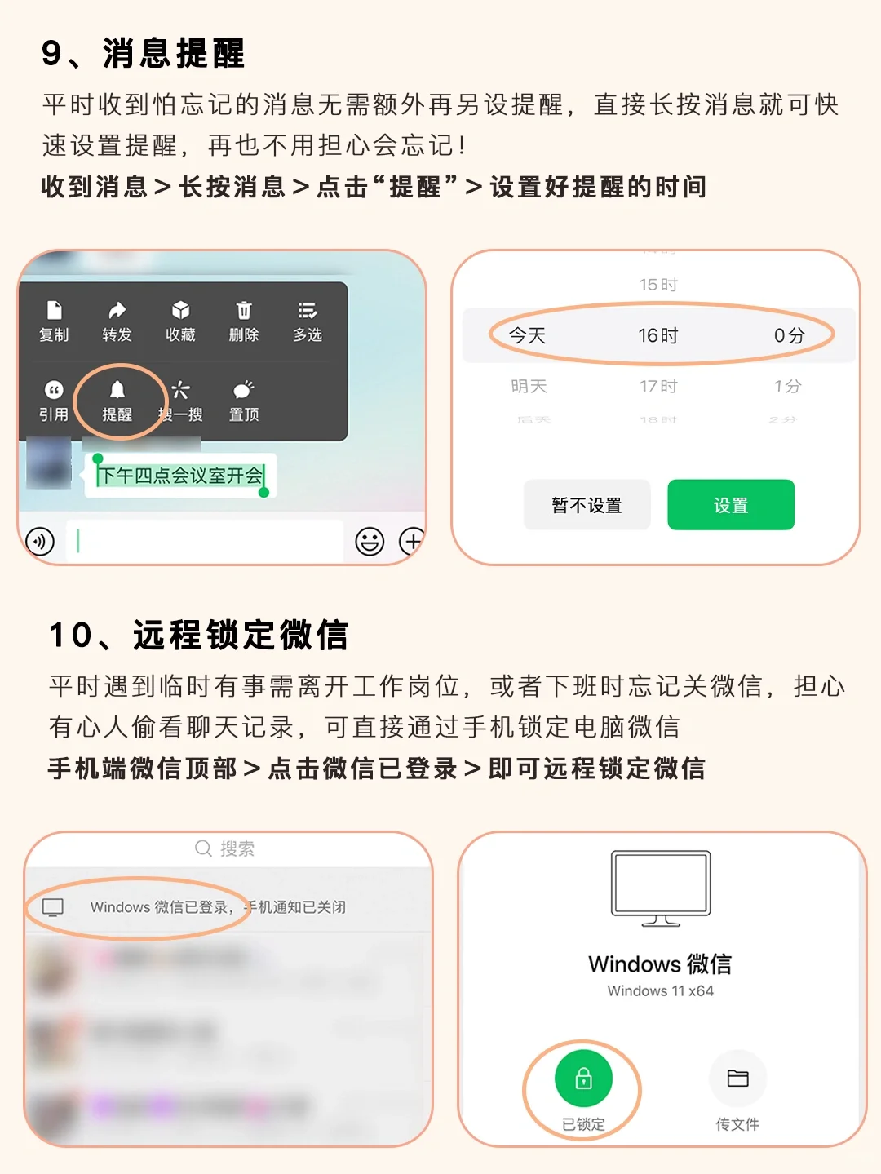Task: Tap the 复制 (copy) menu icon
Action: [54, 311]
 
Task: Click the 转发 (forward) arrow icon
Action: [117, 311]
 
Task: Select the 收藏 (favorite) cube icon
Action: [180, 311]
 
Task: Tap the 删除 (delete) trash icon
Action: [244, 311]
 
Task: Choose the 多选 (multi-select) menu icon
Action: [308, 311]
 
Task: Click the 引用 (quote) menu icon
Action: [54, 390]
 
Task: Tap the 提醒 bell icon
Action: [117, 390]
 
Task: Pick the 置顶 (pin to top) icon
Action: [243, 390]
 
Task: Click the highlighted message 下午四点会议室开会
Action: [180, 476]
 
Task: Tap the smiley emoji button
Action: [370, 541]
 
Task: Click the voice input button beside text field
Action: [40, 541]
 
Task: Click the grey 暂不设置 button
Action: [587, 505]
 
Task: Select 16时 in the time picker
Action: [658, 335]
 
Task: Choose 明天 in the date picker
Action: [529, 386]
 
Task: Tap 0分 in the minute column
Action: [789, 335]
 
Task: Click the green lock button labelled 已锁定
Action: [583, 1079]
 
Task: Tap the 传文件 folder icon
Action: [737, 1079]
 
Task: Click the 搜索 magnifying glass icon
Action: [203, 848]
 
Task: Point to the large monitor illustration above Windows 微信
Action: [661, 888]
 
